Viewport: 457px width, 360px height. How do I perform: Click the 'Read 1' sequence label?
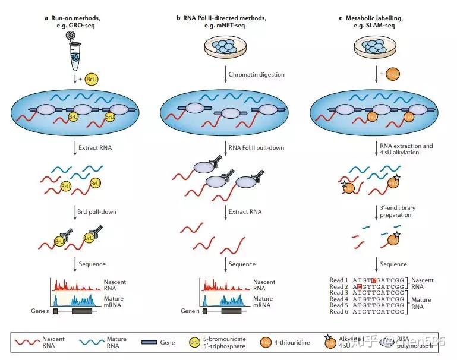pos(338,280)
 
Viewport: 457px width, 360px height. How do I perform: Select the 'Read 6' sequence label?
pos(338,311)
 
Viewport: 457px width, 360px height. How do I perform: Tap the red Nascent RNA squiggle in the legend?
pos(26,342)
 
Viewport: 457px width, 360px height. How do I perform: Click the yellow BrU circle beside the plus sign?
pos(92,78)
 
